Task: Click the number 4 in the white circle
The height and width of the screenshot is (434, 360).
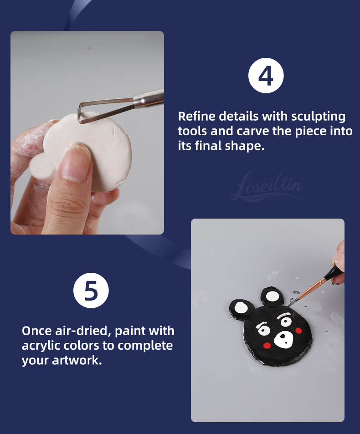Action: tap(266, 76)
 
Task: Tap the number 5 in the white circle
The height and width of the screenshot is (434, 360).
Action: tap(91, 291)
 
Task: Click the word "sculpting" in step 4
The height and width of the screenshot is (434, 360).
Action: tap(318, 117)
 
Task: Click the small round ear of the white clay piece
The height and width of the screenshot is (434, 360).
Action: tap(41, 166)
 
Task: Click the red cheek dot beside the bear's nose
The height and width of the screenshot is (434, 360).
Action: tap(267, 345)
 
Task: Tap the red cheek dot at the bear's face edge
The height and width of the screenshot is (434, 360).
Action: tap(298, 331)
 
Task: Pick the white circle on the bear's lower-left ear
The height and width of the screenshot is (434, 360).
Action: tap(241, 308)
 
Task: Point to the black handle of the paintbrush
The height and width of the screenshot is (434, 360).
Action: tap(334, 273)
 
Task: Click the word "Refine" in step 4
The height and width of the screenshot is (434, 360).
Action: tap(196, 116)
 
